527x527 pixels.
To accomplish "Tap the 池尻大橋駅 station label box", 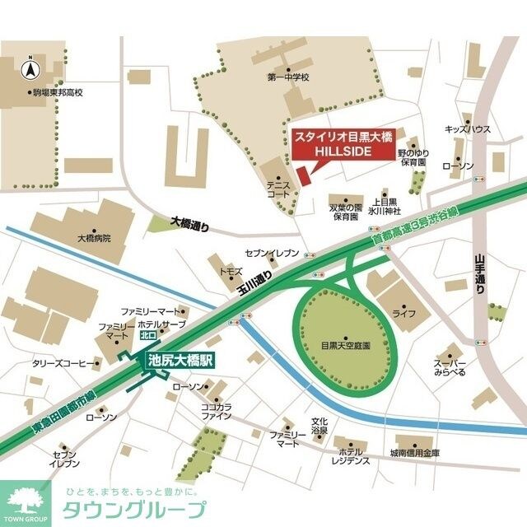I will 180,360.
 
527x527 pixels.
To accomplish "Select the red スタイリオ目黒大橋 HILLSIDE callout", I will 335,145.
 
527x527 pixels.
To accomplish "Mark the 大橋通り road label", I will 190,222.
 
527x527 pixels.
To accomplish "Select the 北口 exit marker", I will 148,335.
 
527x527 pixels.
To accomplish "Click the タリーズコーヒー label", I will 59,362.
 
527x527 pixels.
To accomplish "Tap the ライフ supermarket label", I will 403,315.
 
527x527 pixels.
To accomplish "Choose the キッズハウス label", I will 468,129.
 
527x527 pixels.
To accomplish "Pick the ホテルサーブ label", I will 163,325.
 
